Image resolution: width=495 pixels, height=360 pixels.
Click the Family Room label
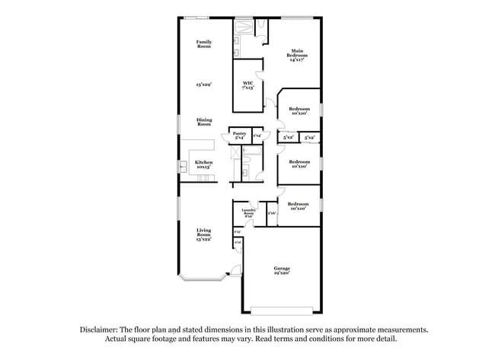pyautogui.click(x=203, y=44)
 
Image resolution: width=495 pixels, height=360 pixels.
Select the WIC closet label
pyautogui.click(x=247, y=83)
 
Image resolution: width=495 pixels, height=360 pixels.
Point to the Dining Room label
pyautogui.click(x=204, y=122)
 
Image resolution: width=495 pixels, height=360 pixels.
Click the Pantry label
pyautogui.click(x=239, y=134)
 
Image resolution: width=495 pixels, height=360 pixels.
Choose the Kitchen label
pyautogui.click(x=203, y=162)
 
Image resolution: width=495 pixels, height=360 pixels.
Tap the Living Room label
pyautogui.click(x=203, y=231)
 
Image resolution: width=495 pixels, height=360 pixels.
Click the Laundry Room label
pyautogui.click(x=247, y=212)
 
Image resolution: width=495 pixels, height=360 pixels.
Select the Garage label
pyautogui.click(x=283, y=268)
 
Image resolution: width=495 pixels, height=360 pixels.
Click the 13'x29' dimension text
pyautogui.click(x=203, y=85)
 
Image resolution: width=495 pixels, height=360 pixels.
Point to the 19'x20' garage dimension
pyautogui.click(x=283, y=272)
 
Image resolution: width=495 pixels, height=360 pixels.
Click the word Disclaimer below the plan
pyautogui.click(x=101, y=330)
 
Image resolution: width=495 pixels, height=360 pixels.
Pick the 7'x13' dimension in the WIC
pyautogui.click(x=247, y=88)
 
